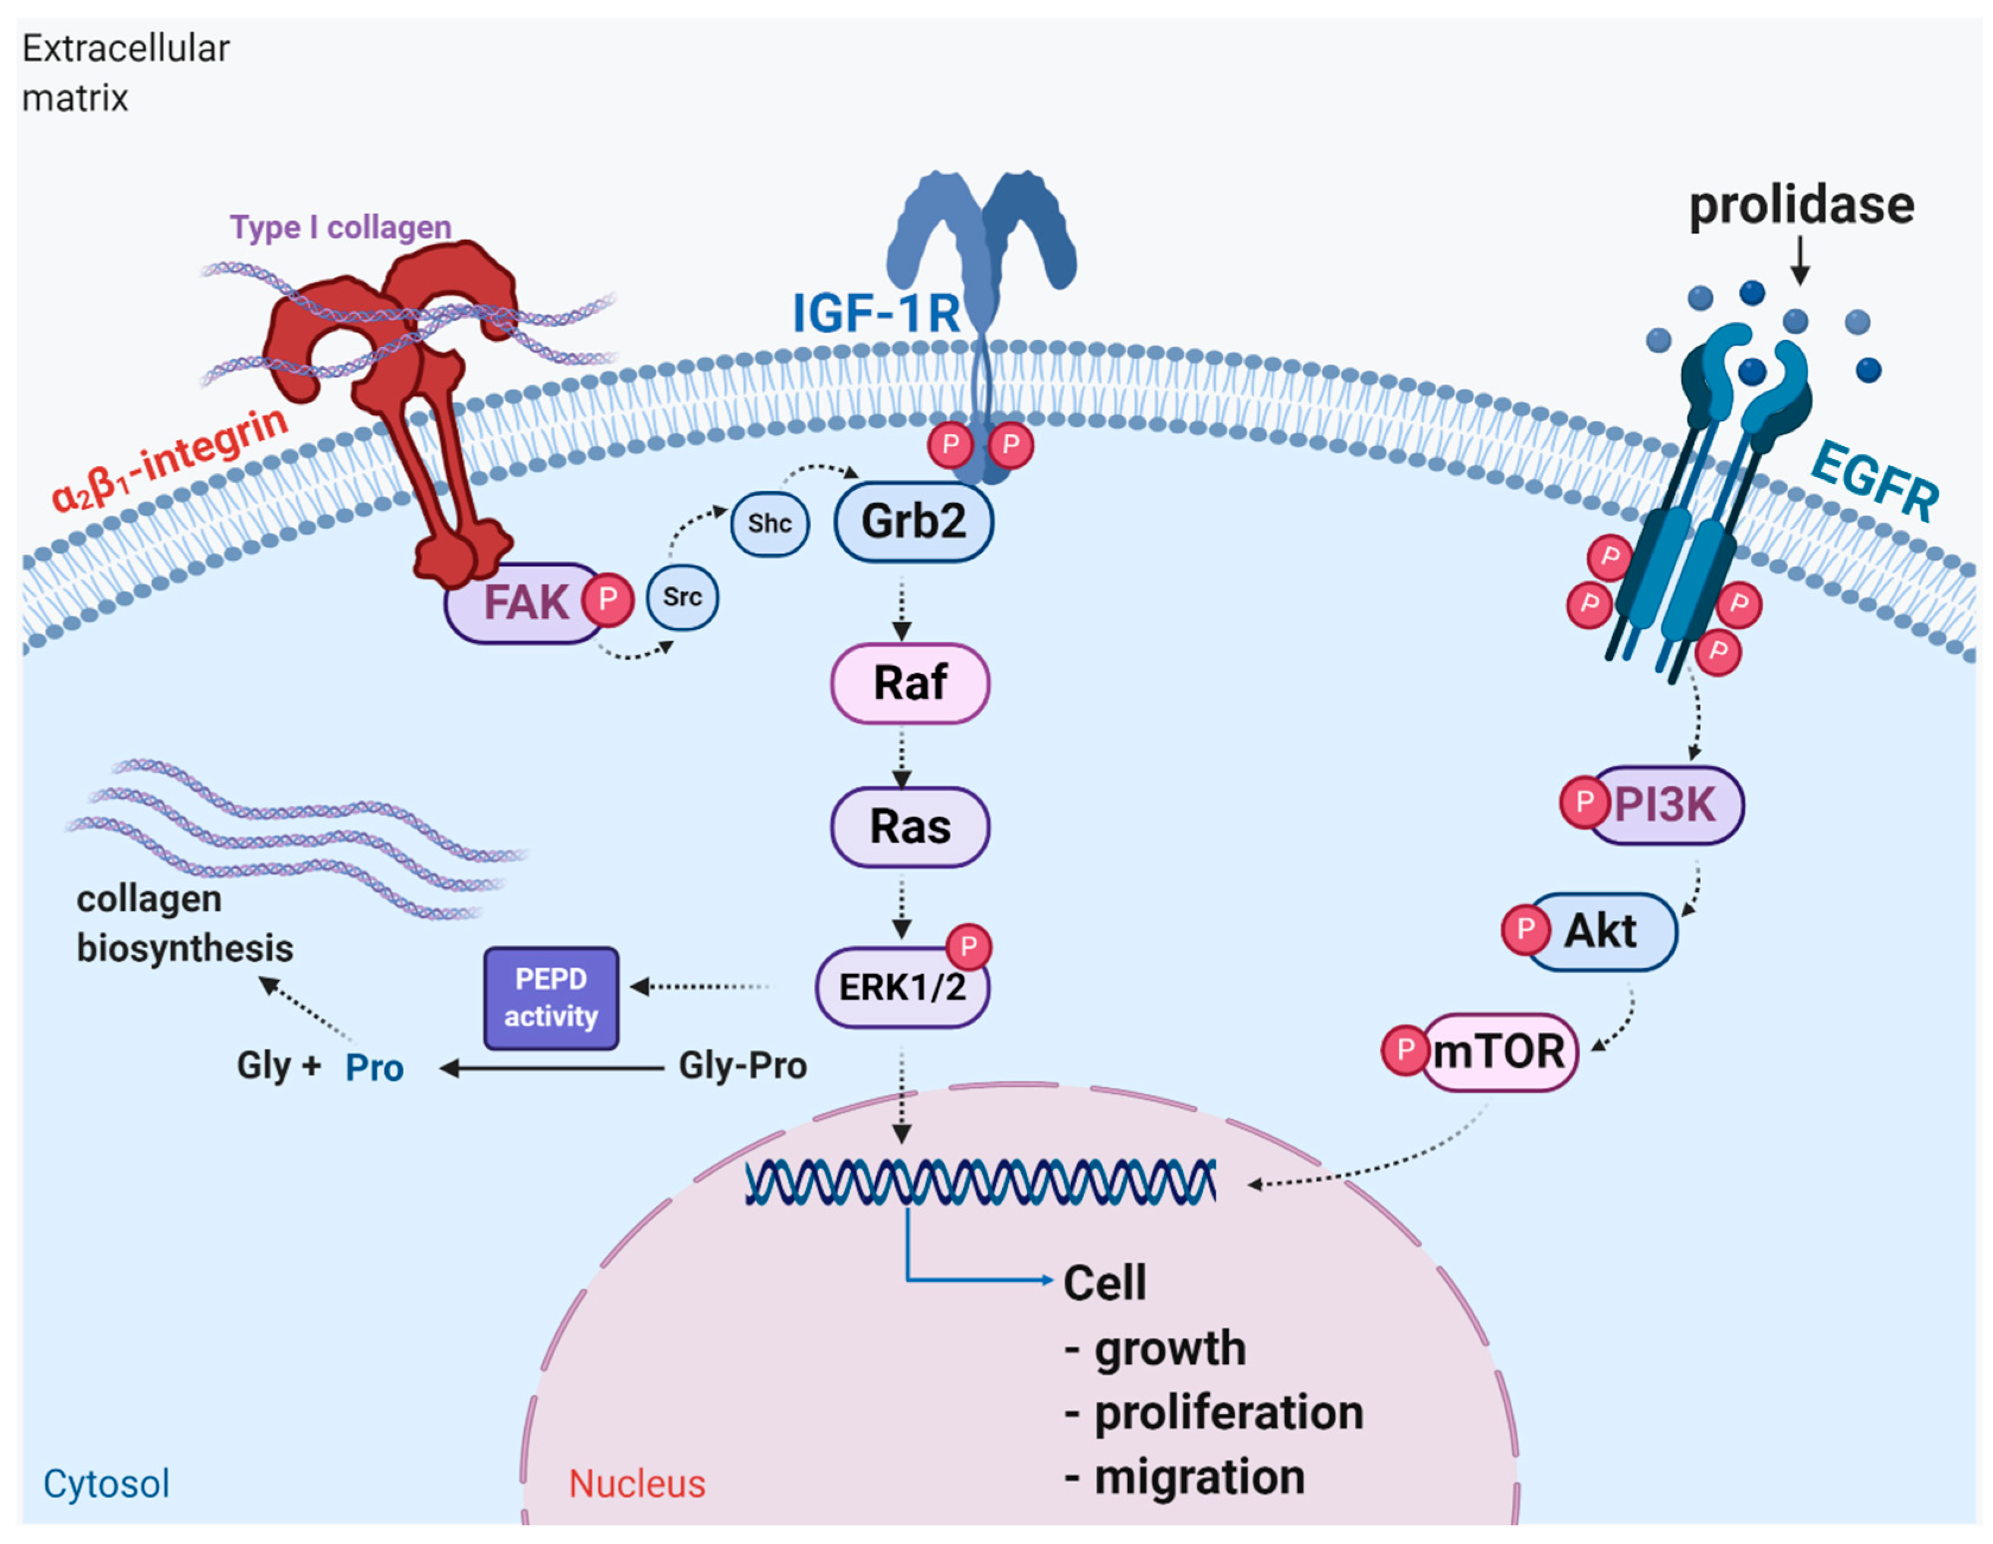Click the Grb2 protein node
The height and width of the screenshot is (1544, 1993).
click(x=914, y=522)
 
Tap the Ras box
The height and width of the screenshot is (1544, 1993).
click(x=910, y=827)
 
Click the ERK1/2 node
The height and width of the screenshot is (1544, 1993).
click(x=902, y=988)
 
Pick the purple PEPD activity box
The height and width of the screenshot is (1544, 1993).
click(x=551, y=998)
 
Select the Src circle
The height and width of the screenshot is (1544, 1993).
click(x=682, y=597)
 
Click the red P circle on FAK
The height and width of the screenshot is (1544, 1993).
click(x=607, y=599)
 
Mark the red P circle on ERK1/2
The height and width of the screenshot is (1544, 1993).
click(x=969, y=946)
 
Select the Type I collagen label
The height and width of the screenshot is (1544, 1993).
click(x=341, y=227)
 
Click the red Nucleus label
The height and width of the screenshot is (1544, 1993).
click(x=637, y=1484)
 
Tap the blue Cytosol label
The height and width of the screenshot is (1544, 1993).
click(x=107, y=1485)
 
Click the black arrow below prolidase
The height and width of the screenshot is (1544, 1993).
click(x=1800, y=262)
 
